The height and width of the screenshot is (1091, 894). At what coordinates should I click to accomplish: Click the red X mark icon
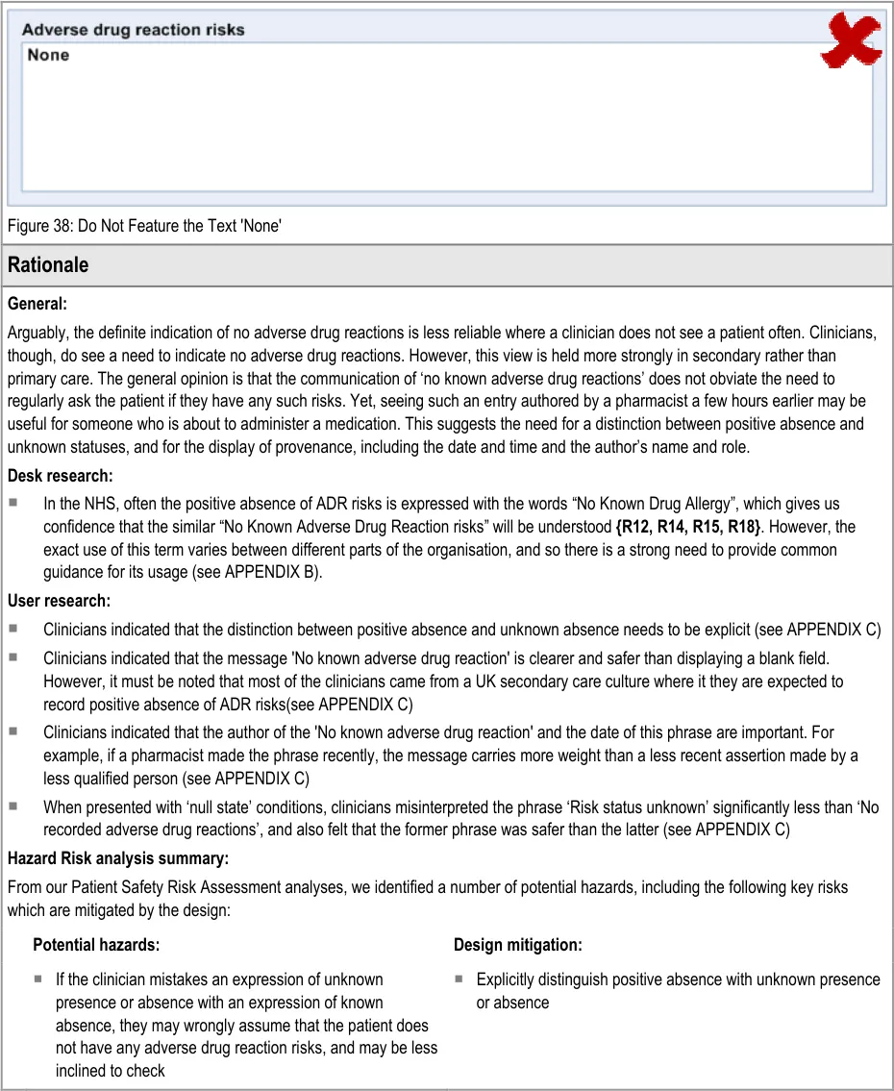point(851,40)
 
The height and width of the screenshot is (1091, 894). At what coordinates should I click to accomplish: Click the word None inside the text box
point(48,55)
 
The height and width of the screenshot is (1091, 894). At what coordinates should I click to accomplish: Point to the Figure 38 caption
point(144,226)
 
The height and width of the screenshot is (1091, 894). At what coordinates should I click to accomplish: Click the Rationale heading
point(48,265)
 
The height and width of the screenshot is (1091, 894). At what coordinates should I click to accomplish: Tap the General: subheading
point(37,304)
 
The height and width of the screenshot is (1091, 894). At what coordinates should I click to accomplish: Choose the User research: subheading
point(59,601)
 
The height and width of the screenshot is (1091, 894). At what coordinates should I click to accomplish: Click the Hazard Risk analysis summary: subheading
point(118,857)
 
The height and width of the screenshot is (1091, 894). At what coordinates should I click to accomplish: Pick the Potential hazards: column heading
point(96,945)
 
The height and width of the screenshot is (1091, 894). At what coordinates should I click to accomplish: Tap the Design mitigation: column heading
point(517,945)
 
